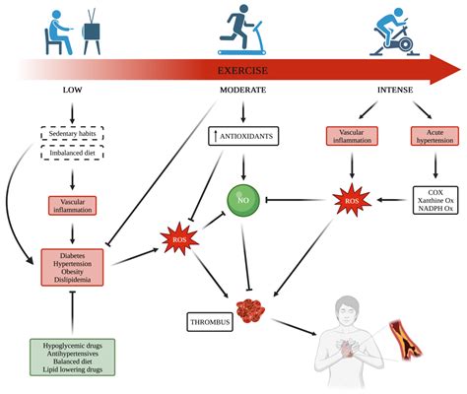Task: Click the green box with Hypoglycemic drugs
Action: point(71,356)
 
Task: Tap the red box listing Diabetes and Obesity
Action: point(71,267)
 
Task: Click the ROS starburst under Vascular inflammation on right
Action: point(353,202)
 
